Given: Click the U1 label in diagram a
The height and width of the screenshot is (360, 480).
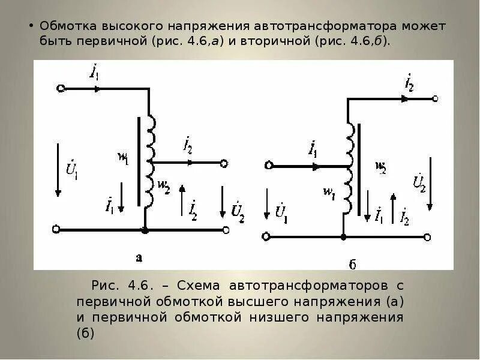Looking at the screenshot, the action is click(71, 170).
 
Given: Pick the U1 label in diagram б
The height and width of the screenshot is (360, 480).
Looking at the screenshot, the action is click(281, 214).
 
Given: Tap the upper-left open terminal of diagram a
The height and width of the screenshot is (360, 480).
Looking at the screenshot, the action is click(61, 88).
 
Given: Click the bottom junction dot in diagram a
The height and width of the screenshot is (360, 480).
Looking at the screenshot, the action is click(144, 229).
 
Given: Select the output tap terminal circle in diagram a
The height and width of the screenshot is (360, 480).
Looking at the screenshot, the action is click(224, 163).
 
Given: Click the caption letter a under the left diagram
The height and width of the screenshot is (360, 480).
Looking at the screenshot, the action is click(139, 258).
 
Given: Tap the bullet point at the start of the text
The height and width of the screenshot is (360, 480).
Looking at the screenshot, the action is click(31, 28).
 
